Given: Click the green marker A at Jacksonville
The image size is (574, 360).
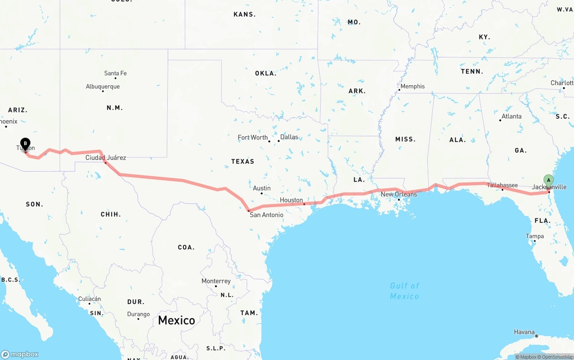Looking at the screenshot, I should (x=548, y=181).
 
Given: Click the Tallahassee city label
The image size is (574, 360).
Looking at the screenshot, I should (x=502, y=185).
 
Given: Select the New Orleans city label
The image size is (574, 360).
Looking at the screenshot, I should (x=399, y=194).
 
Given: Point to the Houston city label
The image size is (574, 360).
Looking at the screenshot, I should (x=291, y=200).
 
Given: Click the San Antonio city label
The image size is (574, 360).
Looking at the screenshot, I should (x=266, y=215).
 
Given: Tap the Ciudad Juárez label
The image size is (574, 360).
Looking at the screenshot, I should (x=106, y=157).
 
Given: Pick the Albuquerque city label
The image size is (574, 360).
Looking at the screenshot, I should (x=103, y=87).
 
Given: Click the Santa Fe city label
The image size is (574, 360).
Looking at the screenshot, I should (x=115, y=73).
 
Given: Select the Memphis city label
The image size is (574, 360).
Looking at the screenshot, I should (x=413, y=86).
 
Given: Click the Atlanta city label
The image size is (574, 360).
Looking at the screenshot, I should (x=512, y=116).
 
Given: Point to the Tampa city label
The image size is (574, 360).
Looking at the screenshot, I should (x=535, y=236).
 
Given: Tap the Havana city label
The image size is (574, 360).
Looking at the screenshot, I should (x=524, y=332).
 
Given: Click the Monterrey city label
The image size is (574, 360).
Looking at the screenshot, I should (x=216, y=281).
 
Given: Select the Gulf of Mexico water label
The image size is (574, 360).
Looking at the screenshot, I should (x=404, y=291).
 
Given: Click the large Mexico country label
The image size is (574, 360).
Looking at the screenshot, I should (x=176, y=320).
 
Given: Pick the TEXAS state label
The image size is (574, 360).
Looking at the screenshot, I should (x=243, y=161).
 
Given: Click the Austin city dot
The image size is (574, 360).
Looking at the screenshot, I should (x=261, y=193).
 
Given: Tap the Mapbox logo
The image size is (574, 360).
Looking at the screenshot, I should (x=20, y=354).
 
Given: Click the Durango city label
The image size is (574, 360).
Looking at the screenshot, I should (x=139, y=314).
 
